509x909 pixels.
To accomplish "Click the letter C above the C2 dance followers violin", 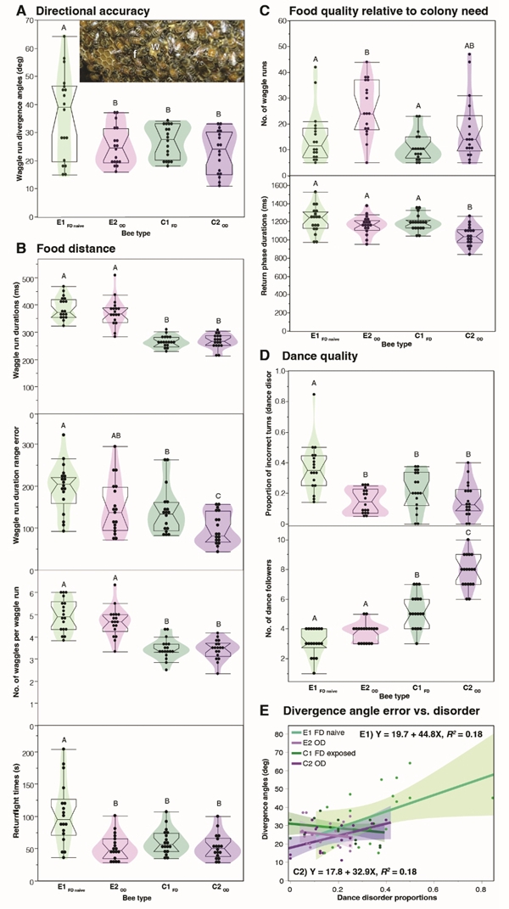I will click(x=463, y=534).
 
